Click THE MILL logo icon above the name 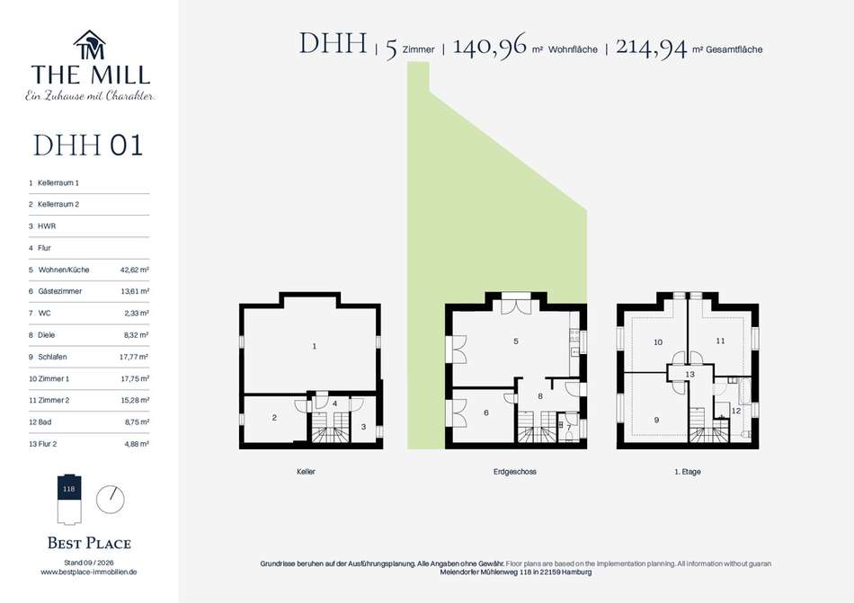tap(89, 45)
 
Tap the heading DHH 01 tap(88, 146)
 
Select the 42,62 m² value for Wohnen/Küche tap(135, 270)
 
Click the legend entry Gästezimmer tap(60, 291)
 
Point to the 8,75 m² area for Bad tap(136, 421)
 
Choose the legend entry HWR tap(47, 226)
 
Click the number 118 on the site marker tap(68, 489)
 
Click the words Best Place tap(89, 543)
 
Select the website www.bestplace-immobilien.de tap(89, 572)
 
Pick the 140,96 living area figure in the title tap(490, 46)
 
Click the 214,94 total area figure tap(652, 47)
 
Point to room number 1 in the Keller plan tap(315, 346)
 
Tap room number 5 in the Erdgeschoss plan tap(516, 341)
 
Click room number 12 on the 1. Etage tap(736, 411)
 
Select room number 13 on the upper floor tap(690, 375)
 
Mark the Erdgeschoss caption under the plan tap(515, 472)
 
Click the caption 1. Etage tap(688, 472)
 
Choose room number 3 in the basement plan tap(364, 427)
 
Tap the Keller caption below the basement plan tap(306, 472)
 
